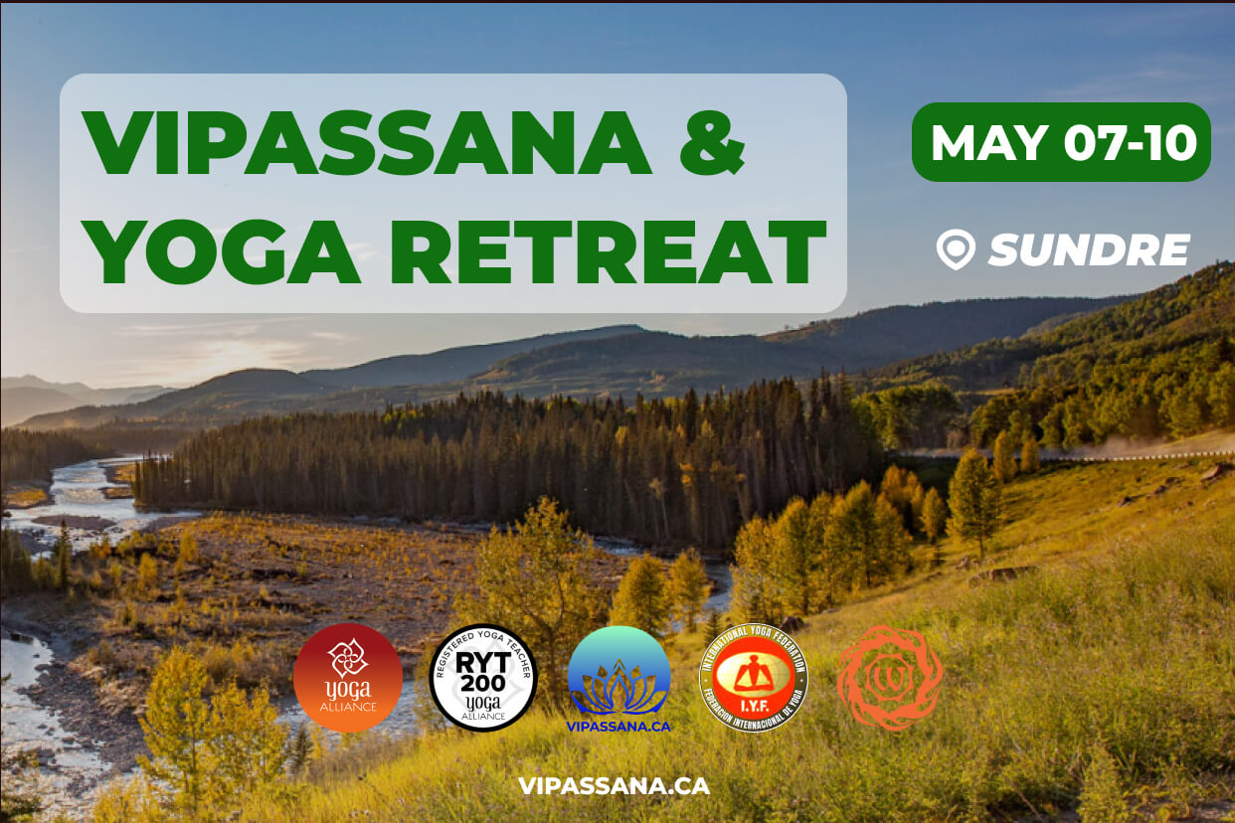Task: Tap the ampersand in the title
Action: pyautogui.click(x=710, y=144)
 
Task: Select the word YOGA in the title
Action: pyautogui.click(x=222, y=250)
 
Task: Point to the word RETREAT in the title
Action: pyautogui.click(x=608, y=250)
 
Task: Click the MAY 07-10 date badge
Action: pyautogui.click(x=1061, y=143)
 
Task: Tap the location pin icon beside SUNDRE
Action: pyautogui.click(x=956, y=249)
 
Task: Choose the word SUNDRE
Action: pyautogui.click(x=1089, y=249)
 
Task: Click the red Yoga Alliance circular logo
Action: pyautogui.click(x=348, y=678)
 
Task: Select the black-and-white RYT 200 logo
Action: pyautogui.click(x=483, y=678)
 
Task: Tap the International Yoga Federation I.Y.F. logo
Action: pyautogui.click(x=754, y=678)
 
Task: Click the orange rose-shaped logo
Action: pyautogui.click(x=889, y=678)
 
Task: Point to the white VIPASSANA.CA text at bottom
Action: pyautogui.click(x=614, y=785)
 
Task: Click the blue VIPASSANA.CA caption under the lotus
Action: pyautogui.click(x=618, y=726)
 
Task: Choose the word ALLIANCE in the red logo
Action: pyautogui.click(x=348, y=707)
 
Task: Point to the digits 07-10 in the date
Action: pyautogui.click(x=1130, y=143)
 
